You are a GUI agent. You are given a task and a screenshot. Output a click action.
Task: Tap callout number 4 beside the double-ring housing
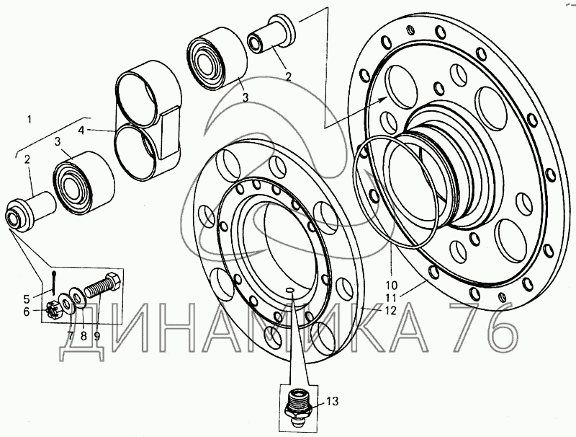[x=82, y=131]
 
